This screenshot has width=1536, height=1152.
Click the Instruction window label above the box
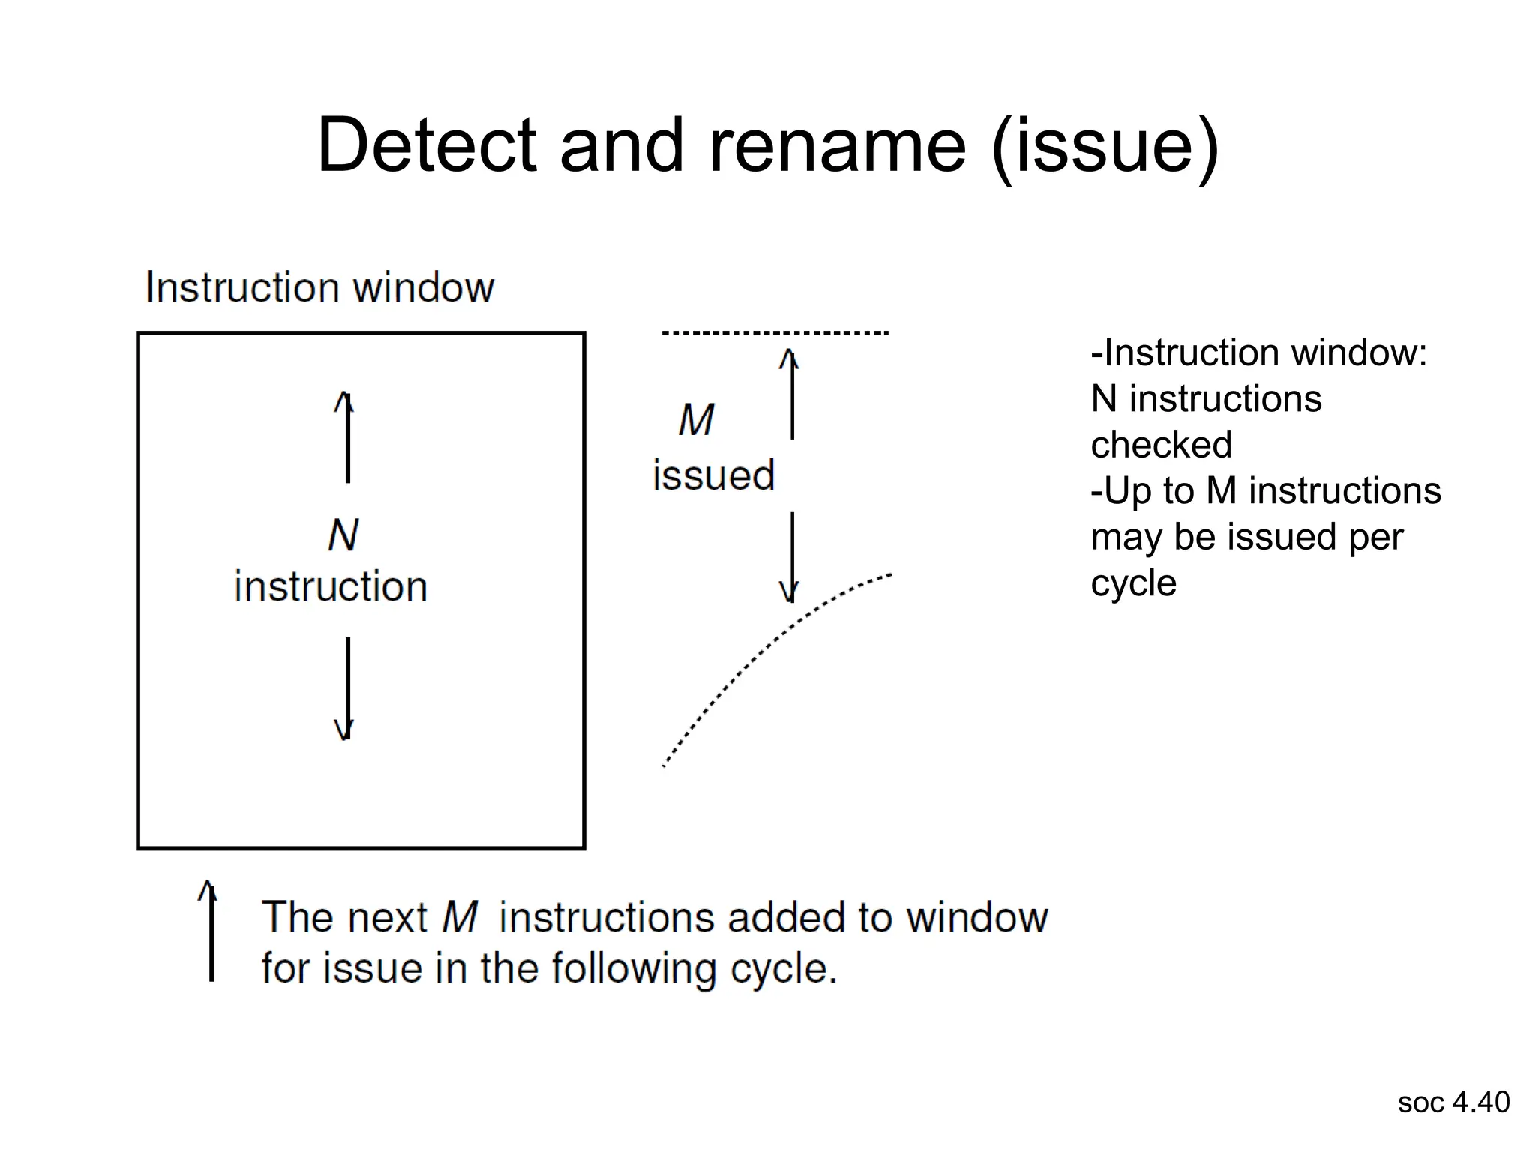[319, 287]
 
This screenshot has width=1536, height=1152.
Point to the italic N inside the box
[343, 535]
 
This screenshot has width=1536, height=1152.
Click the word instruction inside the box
[331, 586]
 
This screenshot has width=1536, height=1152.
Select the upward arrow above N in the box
[346, 437]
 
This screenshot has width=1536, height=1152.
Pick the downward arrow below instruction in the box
[346, 688]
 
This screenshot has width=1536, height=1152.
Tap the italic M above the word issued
[696, 419]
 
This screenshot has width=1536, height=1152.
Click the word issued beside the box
[713, 475]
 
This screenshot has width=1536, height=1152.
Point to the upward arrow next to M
[791, 394]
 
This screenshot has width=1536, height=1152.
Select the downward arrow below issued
[791, 558]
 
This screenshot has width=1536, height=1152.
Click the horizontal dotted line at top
[775, 332]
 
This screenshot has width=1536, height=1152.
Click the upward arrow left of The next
[211, 931]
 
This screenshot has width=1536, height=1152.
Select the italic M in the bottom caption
[459, 917]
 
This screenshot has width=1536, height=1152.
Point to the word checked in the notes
[1161, 445]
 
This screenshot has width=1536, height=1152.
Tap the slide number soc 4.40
[1453, 1102]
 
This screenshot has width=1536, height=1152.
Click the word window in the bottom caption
[976, 917]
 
